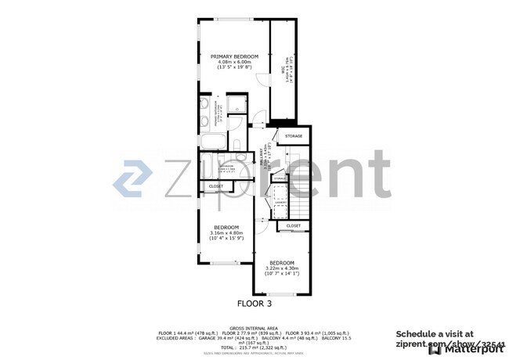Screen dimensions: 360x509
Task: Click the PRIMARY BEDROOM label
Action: tap(235, 56)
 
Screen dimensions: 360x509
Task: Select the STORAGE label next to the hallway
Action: tap(294, 136)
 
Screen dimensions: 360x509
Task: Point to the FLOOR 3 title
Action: tap(254, 302)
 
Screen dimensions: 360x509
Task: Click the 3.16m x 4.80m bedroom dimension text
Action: tap(226, 232)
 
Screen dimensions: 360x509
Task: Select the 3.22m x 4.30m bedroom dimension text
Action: tap(282, 268)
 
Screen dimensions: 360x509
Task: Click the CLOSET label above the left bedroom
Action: tap(215, 186)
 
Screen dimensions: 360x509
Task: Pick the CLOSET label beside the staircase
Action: tap(293, 225)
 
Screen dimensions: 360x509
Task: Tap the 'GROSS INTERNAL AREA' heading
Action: tap(254, 328)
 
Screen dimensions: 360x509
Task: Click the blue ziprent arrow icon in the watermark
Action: tap(133, 179)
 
